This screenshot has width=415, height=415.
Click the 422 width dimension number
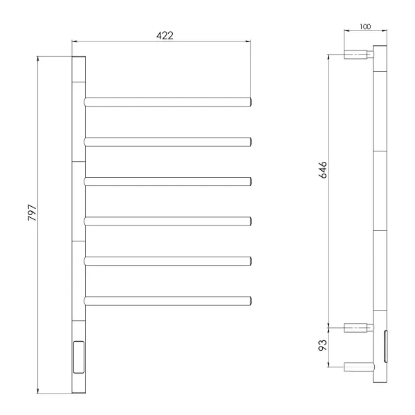[165, 35]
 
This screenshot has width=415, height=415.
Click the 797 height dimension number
[32, 212]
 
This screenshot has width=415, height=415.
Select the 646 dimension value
[322, 170]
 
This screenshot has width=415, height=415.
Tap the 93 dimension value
[322, 345]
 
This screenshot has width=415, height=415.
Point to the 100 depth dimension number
[365, 27]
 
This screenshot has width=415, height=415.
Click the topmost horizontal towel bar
[167, 102]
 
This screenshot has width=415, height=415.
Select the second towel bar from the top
[167, 142]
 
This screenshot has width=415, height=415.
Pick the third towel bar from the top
[167, 181]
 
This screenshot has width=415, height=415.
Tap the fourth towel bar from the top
[167, 221]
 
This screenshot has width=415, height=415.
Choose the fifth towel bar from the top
[167, 261]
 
